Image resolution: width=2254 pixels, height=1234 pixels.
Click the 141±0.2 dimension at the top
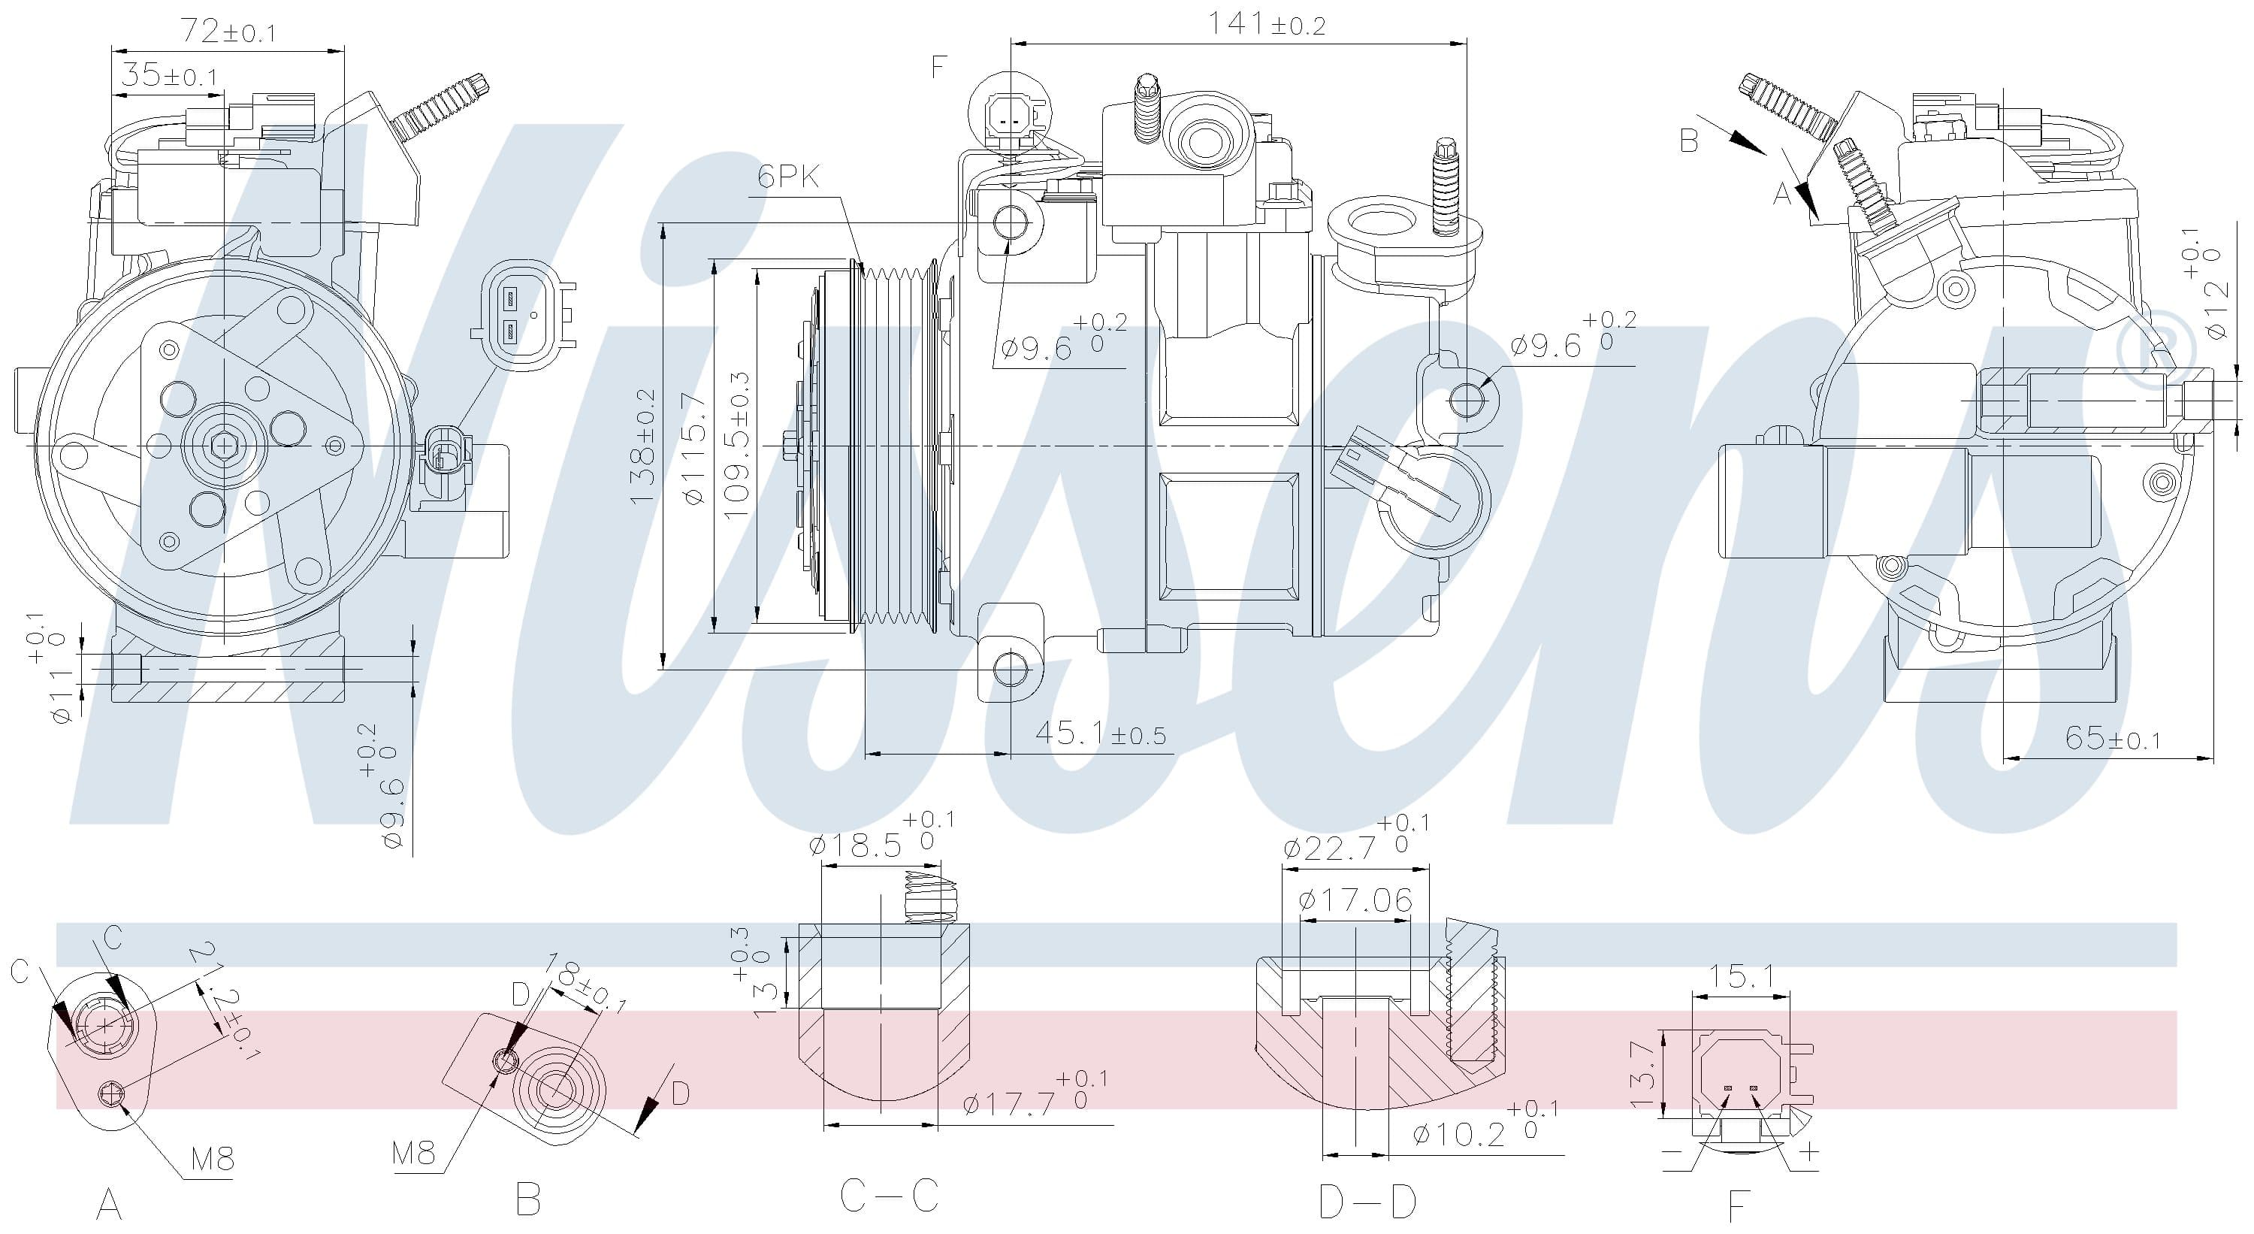point(1266,25)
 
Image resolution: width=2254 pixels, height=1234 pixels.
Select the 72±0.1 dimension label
point(228,32)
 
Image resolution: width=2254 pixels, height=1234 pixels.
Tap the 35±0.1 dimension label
point(169,75)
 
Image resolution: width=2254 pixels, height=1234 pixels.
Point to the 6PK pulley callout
point(789,177)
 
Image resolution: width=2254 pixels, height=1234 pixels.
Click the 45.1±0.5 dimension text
point(1101,733)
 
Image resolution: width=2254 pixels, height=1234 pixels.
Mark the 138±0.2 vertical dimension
point(643,447)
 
